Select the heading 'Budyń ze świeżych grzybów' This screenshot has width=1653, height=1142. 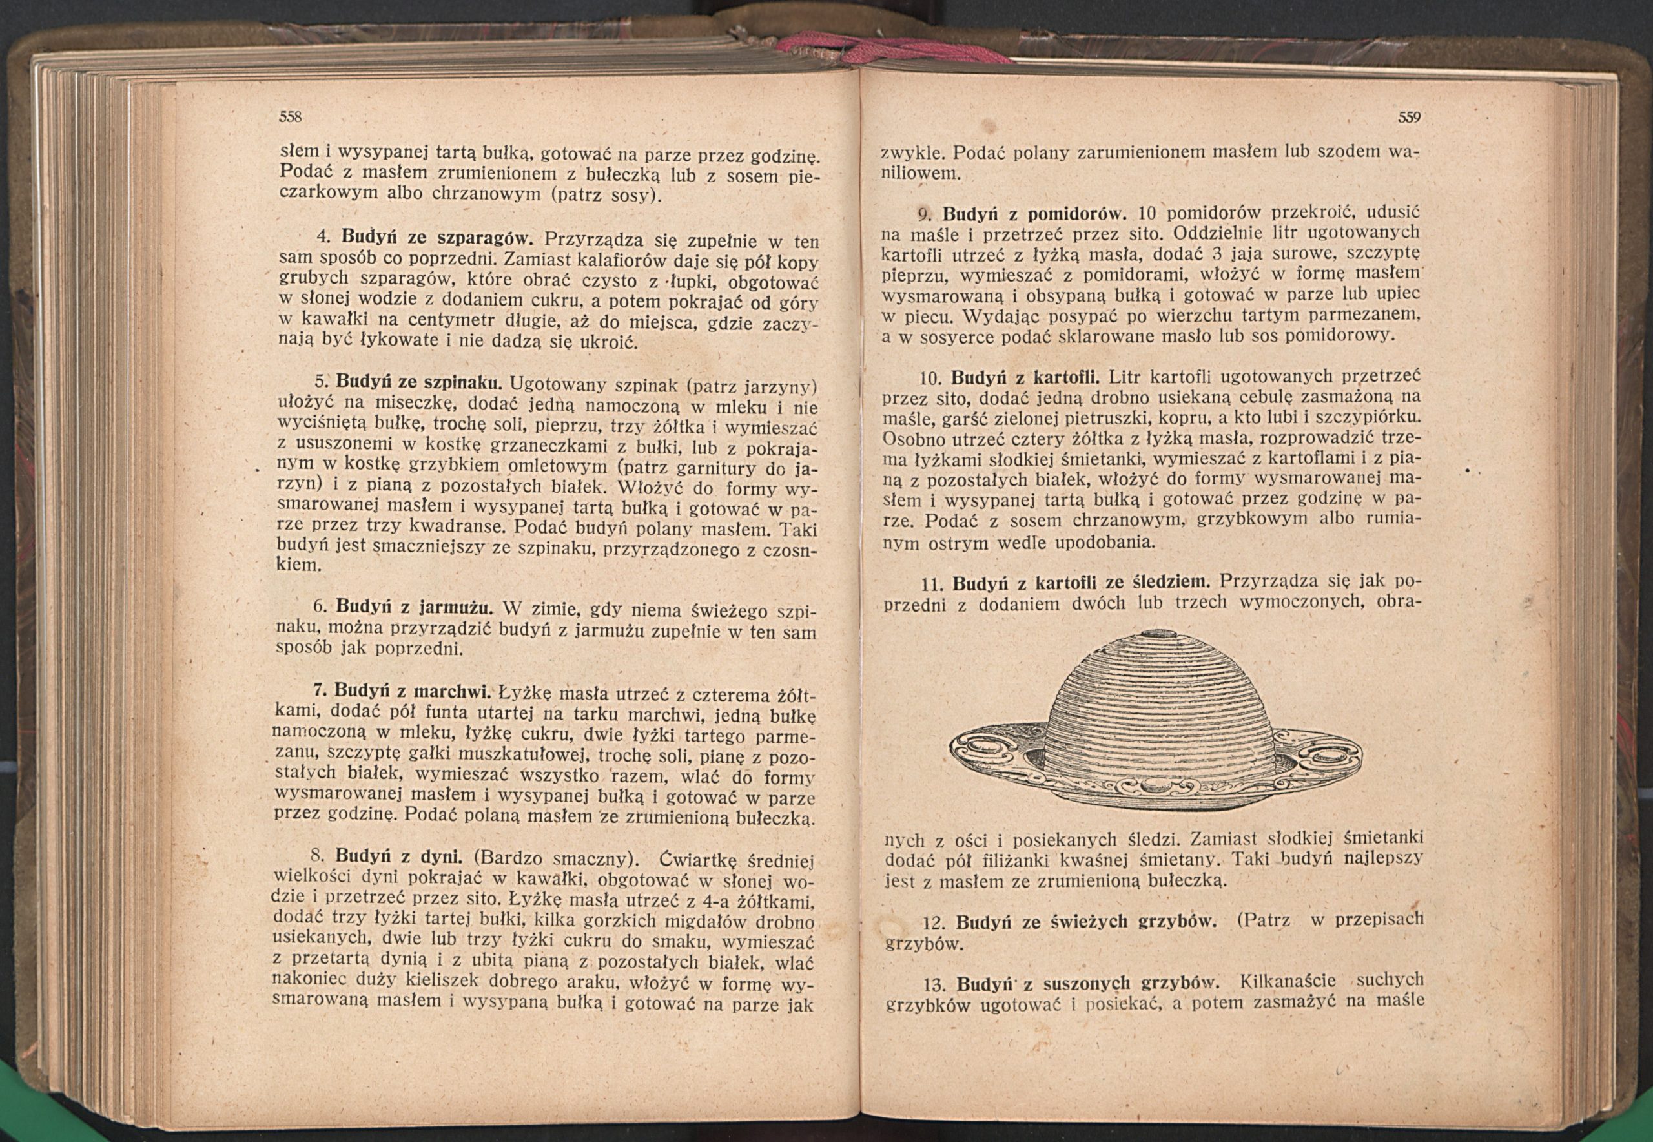coord(1087,921)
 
